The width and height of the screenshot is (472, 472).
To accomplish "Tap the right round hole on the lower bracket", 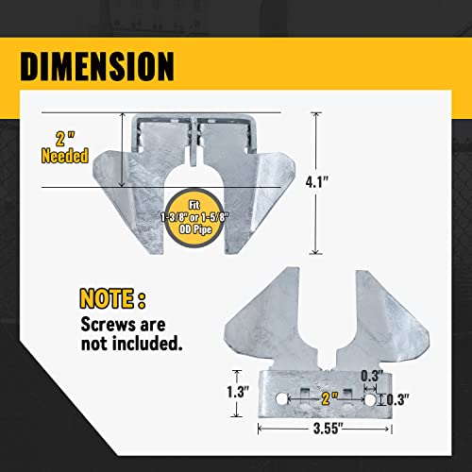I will tap(370, 399).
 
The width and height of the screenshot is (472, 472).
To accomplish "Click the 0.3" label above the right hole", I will tap(370, 375).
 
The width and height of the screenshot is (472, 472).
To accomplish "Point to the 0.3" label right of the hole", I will tap(401, 399).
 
